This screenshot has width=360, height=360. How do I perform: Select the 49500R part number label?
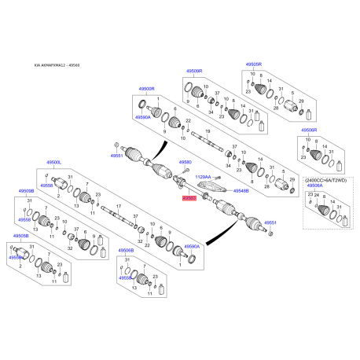[149, 90]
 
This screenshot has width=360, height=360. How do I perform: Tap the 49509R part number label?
[193, 72]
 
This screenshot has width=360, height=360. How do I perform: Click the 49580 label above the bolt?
[186, 163]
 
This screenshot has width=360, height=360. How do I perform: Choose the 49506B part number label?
[126, 251]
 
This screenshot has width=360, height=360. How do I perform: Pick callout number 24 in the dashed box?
[317, 194]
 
